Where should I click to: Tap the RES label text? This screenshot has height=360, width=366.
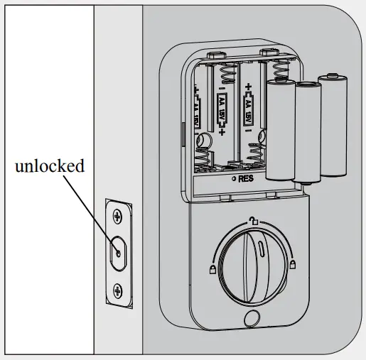coord(246,179)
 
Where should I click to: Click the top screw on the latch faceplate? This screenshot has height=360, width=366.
coord(117,213)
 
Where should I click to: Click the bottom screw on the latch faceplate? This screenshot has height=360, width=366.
coord(117,290)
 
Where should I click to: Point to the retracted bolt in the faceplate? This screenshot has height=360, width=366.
coord(117,251)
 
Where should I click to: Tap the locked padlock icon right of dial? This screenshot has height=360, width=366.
coord(293,265)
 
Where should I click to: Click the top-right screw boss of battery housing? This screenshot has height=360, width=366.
coord(267,52)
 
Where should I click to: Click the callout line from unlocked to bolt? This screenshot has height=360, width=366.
coord(89,212)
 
